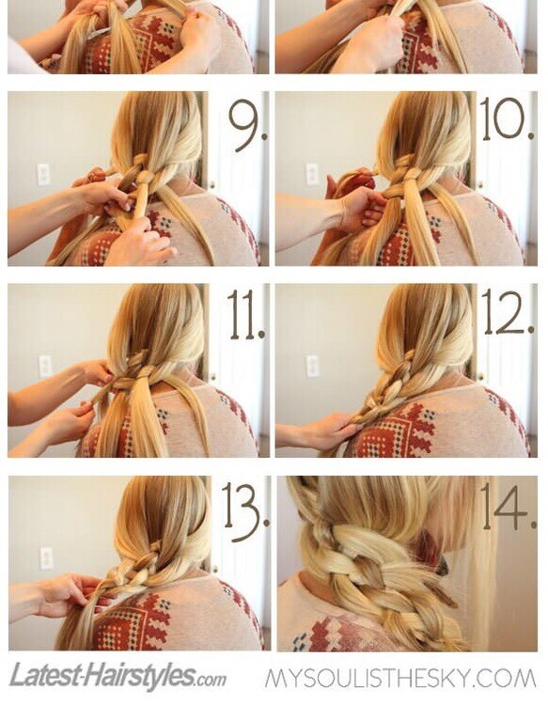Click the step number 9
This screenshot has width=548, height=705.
[247, 122]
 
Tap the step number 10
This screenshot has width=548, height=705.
[508, 118]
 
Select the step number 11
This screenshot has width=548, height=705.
[245, 314]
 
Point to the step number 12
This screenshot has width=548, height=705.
[508, 312]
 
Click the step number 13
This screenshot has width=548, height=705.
[246, 512]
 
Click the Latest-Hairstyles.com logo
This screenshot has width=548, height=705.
[117, 675]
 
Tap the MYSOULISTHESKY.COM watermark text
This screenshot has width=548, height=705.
[400, 678]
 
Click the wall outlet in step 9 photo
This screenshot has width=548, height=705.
[43, 174]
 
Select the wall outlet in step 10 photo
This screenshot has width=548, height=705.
[312, 175]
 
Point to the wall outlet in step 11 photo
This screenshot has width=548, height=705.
[45, 366]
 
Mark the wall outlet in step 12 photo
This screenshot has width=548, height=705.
[312, 367]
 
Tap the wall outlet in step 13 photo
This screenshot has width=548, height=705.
[46, 558]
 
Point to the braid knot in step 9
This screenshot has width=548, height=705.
[143, 177]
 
